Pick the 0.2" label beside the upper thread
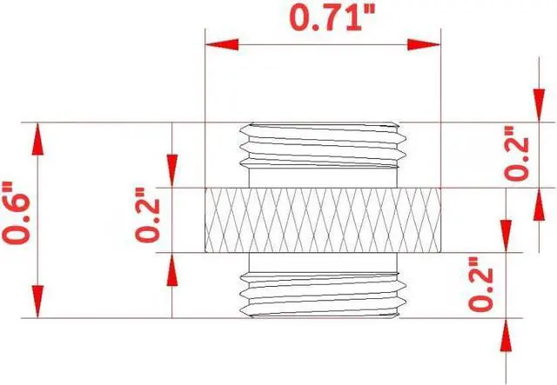click(x=516, y=155)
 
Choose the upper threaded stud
click(x=322, y=155)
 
